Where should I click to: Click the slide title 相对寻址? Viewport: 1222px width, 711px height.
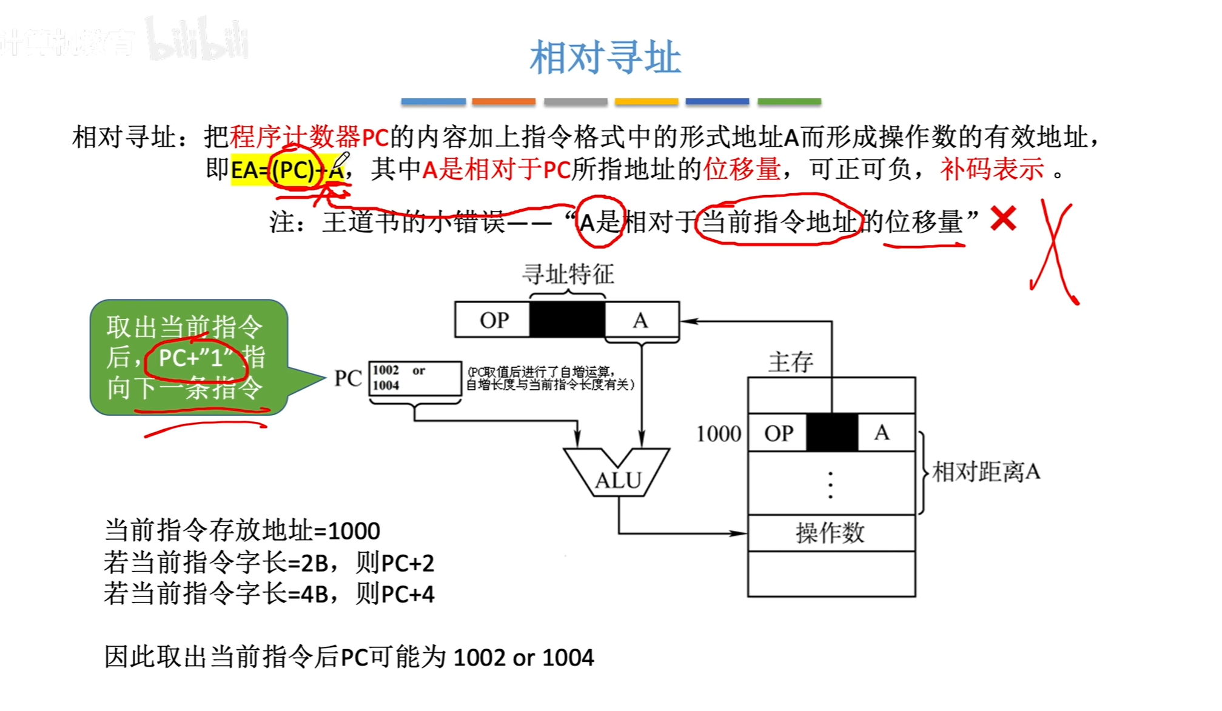[605, 58]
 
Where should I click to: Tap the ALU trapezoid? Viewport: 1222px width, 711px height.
[617, 473]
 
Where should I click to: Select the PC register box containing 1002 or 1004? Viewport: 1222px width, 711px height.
[415, 378]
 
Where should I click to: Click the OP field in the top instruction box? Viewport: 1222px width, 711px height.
[493, 319]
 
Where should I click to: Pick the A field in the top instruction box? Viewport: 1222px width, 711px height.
[641, 319]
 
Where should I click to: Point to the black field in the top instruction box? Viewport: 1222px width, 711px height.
[567, 319]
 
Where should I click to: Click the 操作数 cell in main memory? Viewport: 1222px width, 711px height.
[831, 533]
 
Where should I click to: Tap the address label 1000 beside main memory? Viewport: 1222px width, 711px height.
[719, 434]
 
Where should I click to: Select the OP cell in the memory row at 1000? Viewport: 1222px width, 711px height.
[778, 433]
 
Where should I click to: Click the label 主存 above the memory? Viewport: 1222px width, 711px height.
[790, 362]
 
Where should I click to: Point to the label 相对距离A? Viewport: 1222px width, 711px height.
[986, 472]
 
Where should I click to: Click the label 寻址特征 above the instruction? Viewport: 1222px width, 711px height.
[568, 274]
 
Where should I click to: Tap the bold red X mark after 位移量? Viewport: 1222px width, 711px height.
[1003, 219]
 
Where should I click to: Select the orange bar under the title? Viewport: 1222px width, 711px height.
[503, 101]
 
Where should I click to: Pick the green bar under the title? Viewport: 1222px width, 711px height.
[789, 101]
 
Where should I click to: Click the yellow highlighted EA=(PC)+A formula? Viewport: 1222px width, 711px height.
[287, 170]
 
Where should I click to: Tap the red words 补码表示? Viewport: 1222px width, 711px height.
[992, 169]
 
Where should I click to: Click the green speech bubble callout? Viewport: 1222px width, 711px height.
[188, 358]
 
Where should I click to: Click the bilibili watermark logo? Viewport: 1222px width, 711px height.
[197, 40]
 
